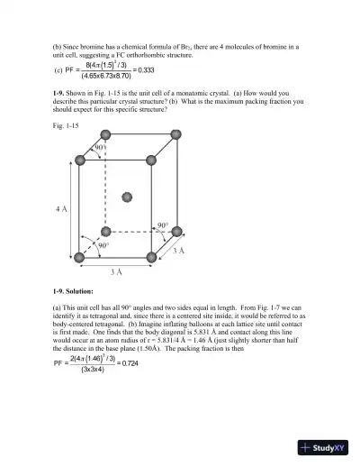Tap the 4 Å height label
60,208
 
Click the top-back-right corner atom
176,134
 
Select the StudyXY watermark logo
328,445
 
